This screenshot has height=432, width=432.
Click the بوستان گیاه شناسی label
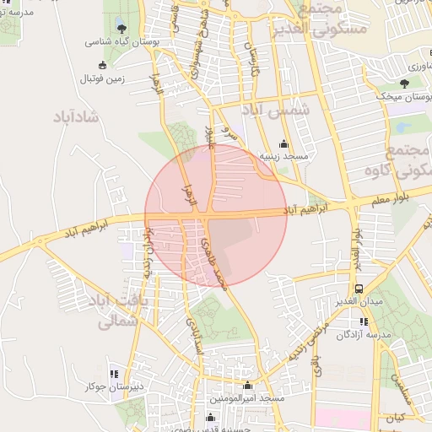coord(117,40)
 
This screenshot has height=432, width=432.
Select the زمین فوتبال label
coord(101,78)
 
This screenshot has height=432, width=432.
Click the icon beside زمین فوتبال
coord(103,65)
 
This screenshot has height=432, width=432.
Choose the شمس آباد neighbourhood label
coord(276,111)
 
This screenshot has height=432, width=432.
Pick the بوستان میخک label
coord(406,96)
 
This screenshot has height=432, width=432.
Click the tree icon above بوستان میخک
coord(405,84)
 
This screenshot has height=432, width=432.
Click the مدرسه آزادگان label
coord(364,334)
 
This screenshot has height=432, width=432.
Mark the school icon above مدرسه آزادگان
coord(364,321)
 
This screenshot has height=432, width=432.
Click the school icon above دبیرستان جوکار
coord(114,374)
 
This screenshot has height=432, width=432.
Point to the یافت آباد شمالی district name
coord(119,310)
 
